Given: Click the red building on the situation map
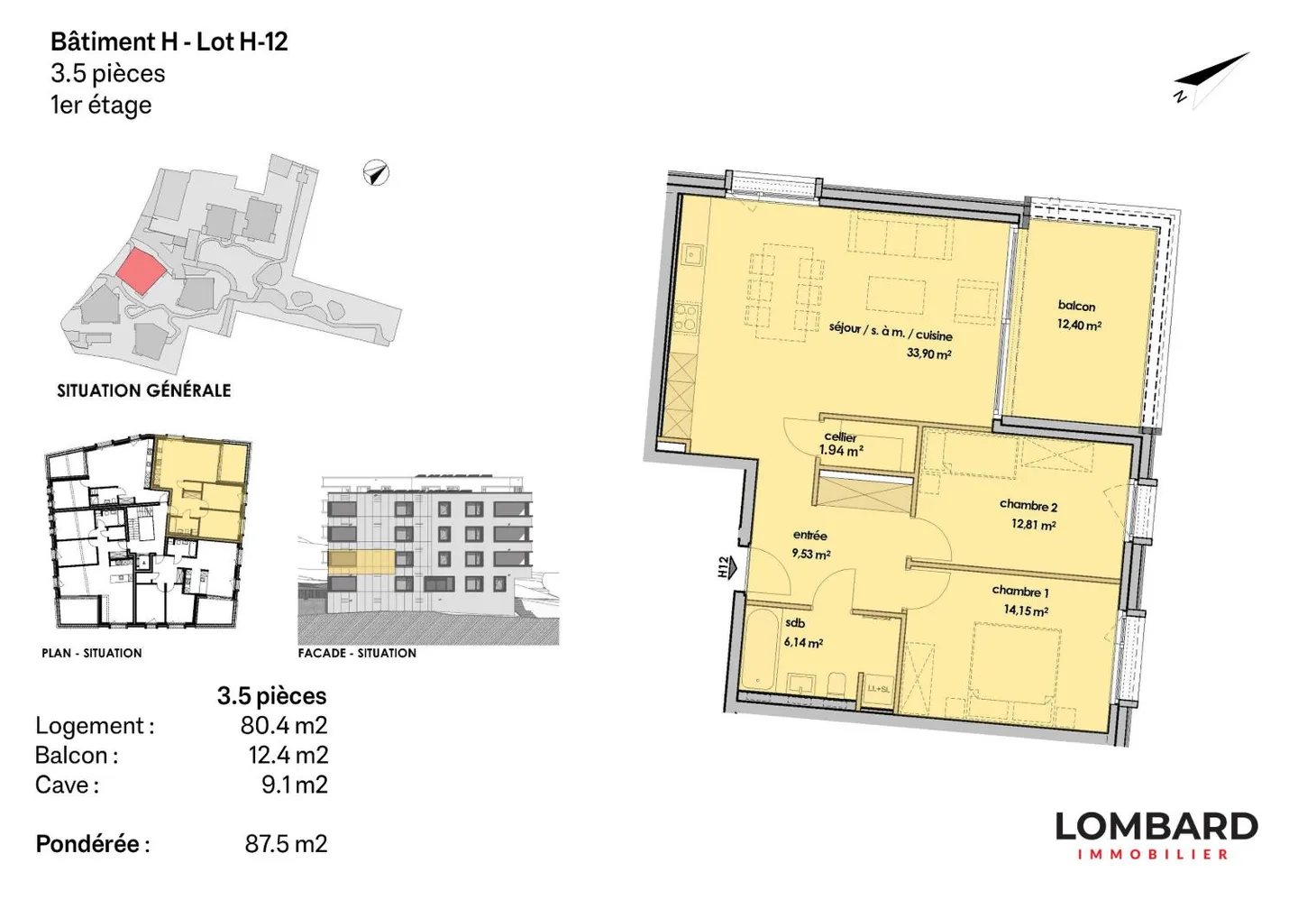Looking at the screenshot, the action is click(x=140, y=272).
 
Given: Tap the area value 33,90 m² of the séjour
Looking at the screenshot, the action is click(x=928, y=353).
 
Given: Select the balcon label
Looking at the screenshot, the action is click(x=1076, y=306).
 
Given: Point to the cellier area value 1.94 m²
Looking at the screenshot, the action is click(x=841, y=450).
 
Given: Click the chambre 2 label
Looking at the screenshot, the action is click(x=1028, y=505).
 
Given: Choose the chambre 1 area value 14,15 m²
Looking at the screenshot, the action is click(x=1026, y=610).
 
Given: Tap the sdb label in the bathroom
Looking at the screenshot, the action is click(x=793, y=624).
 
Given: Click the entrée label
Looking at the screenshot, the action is click(x=809, y=536).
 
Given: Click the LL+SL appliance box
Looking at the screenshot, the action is click(x=878, y=690).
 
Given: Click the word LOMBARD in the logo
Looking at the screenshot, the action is click(x=1156, y=827).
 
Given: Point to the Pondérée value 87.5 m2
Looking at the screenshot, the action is click(x=286, y=844).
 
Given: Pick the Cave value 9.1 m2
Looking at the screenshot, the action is click(x=295, y=785).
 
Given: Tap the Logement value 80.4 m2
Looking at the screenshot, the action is click(x=284, y=725).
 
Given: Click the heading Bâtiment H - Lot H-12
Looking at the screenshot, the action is click(x=169, y=41).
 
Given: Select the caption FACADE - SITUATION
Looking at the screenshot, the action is click(x=357, y=653).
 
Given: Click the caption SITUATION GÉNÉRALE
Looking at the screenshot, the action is click(x=143, y=390).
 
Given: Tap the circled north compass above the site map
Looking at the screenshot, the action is click(x=376, y=173).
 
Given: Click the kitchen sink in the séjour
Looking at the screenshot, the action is click(x=693, y=254).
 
